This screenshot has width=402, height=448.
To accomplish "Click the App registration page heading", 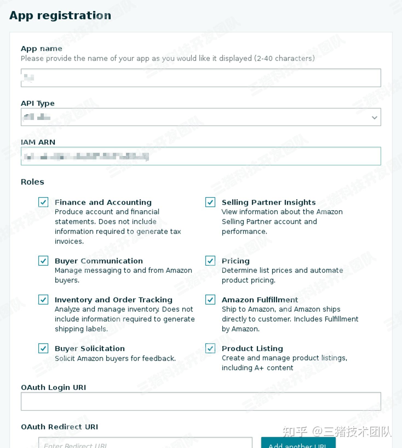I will tap(60, 15).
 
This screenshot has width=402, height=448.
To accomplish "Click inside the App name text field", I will tap(201, 78).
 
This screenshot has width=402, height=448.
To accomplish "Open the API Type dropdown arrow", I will tap(374, 117).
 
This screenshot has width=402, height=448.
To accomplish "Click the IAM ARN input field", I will tap(201, 156).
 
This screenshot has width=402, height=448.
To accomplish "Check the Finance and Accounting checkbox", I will tap(43, 202).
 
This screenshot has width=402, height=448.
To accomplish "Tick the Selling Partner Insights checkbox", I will tap(210, 202).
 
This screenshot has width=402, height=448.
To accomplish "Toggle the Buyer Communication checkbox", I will tap(43, 261).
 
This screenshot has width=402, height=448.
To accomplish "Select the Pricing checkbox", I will tap(210, 261).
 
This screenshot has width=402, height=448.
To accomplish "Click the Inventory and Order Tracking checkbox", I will tap(43, 300).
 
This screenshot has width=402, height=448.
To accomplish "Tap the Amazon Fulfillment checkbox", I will tap(210, 300).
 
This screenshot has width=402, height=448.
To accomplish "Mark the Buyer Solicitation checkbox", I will tap(43, 348).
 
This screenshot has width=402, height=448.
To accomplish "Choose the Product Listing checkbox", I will tap(210, 348).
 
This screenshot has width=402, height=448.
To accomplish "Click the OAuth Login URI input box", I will tap(201, 401).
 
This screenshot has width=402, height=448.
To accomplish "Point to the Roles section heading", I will tap(32, 182).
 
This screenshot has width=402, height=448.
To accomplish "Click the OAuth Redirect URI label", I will tap(59, 427).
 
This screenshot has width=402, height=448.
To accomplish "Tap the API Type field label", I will tap(38, 103).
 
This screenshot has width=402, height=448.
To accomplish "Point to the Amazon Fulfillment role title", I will tap(260, 300).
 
